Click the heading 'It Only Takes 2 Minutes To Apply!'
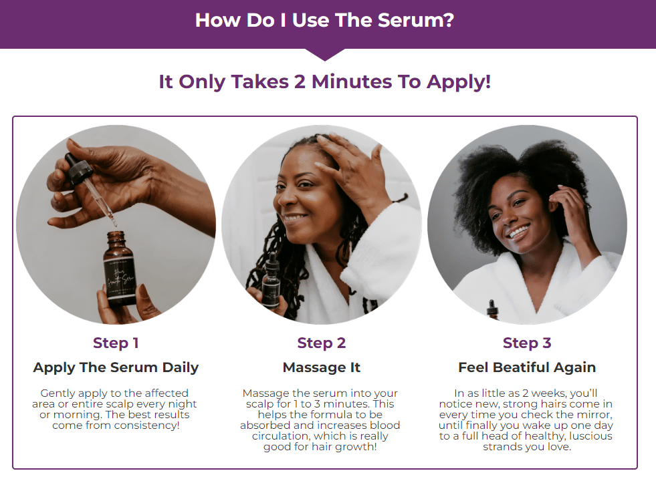coord(324,81)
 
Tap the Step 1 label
coord(116,343)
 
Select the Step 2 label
coord(321,343)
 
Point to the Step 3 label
coord(527,343)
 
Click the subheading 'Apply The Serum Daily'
coord(116,367)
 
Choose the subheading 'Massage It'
coord(321,367)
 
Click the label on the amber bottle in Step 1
coord(120,277)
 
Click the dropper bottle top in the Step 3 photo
coord(492,310)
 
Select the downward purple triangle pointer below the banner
coord(324,55)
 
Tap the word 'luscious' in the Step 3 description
coord(589,436)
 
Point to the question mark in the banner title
coord(448,20)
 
